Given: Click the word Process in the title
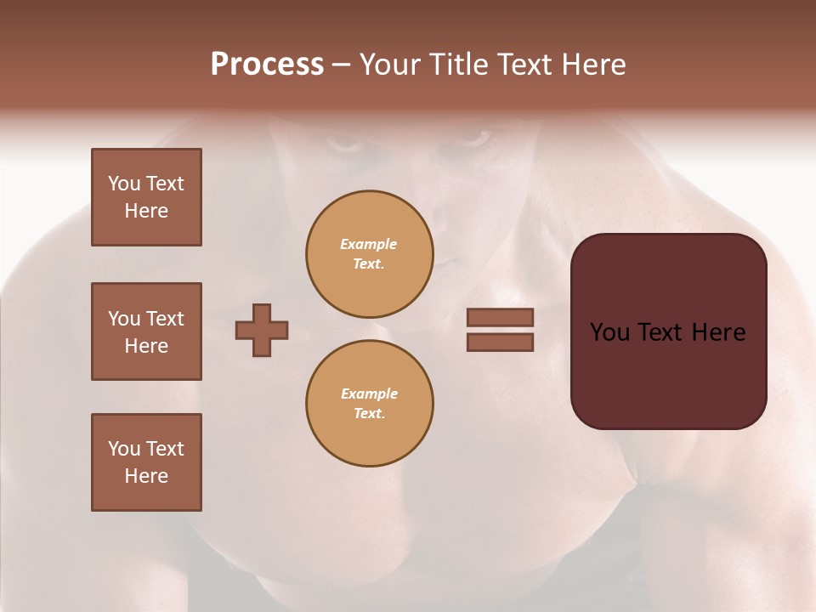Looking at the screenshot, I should click(x=267, y=65).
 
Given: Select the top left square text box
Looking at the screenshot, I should click(x=146, y=197).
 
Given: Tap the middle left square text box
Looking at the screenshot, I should click(x=146, y=331).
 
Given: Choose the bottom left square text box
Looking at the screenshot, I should click(x=146, y=462).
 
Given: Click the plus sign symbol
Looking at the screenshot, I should click(x=262, y=330).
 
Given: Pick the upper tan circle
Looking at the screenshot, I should click(x=369, y=253).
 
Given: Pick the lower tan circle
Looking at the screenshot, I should click(x=369, y=403).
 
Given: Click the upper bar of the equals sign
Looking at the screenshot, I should click(x=500, y=317).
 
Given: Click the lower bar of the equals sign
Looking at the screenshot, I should click(x=500, y=342).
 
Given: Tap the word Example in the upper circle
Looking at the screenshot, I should click(x=369, y=244).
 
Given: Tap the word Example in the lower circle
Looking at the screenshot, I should click(x=369, y=394).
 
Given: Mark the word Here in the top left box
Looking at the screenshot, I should click(x=146, y=211).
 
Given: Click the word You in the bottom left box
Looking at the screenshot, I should click(x=123, y=449).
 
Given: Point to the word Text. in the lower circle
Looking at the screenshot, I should click(x=369, y=413).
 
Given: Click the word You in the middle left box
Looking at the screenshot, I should click(x=123, y=319).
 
